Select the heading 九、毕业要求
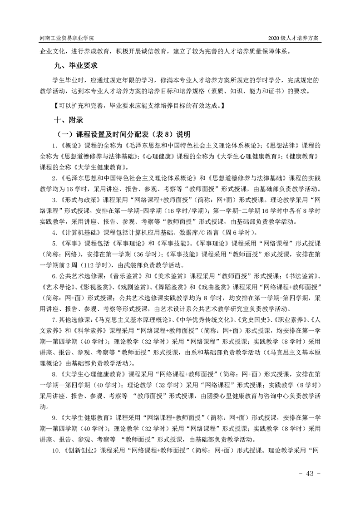click(x=76, y=66)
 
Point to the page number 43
click(x=310, y=474)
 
